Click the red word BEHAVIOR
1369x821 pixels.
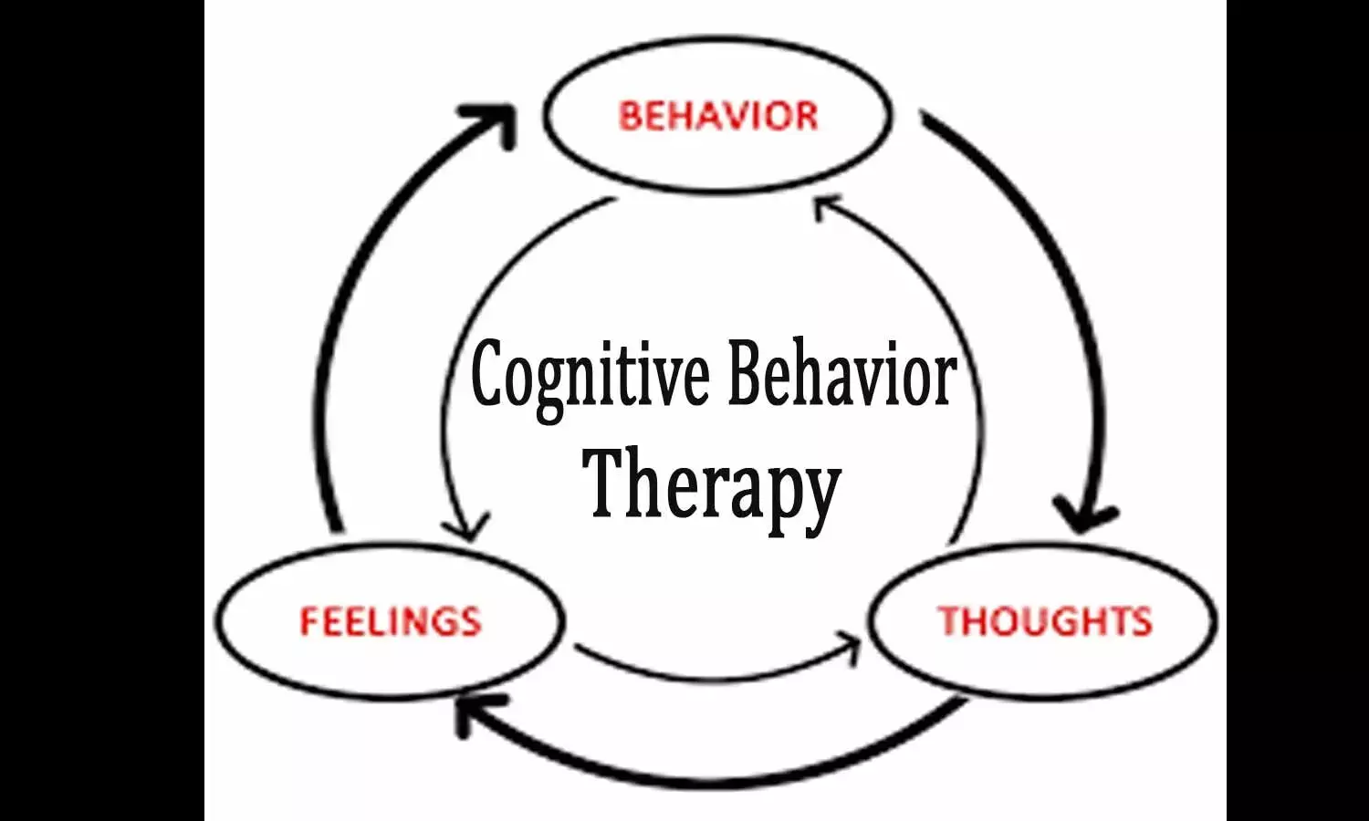(x=718, y=116)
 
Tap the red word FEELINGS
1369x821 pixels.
(x=390, y=621)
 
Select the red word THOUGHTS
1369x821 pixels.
(x=1045, y=621)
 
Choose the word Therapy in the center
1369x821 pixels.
(x=711, y=483)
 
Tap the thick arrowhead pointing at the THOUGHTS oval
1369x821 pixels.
(x=1084, y=516)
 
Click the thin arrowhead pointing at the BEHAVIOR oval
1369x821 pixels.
(x=825, y=209)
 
